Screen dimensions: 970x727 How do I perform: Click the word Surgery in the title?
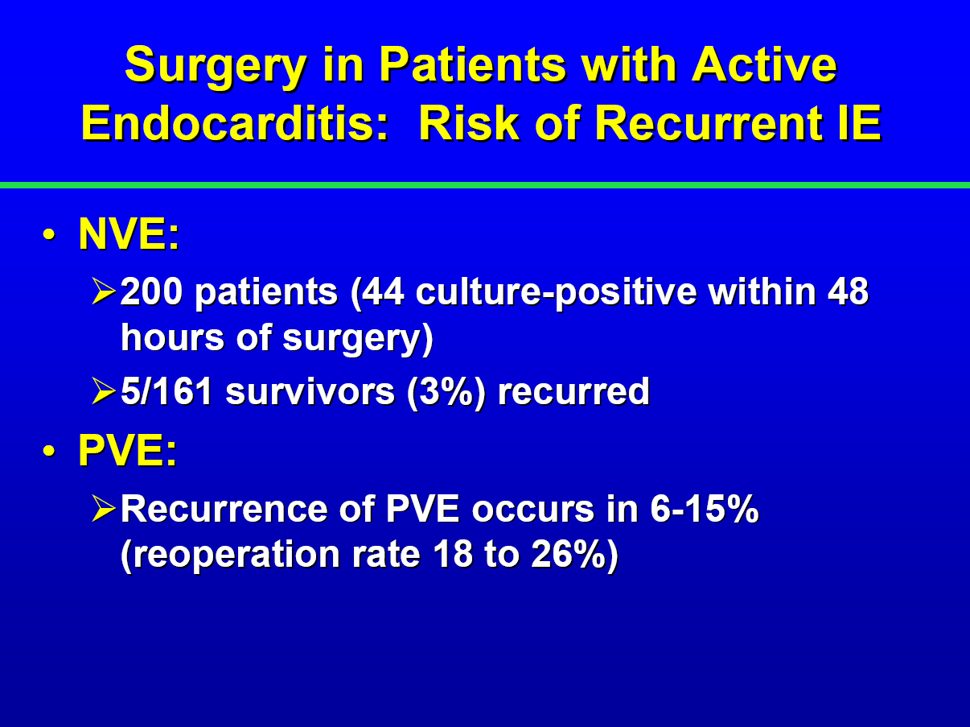[x=216, y=66]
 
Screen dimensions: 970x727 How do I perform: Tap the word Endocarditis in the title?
[x=235, y=123]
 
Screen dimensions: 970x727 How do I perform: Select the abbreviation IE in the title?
[x=859, y=123]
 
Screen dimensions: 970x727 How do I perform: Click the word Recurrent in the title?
[x=709, y=123]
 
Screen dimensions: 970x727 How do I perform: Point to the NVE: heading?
[x=129, y=233]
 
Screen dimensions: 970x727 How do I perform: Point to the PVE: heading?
[x=127, y=450]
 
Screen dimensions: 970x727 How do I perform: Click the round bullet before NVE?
[x=49, y=234]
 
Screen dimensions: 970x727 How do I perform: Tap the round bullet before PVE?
[x=49, y=451]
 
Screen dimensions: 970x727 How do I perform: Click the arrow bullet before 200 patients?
[x=104, y=291]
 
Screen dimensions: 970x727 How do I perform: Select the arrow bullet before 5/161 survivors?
[x=104, y=391]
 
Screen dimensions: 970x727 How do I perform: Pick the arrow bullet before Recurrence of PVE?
[x=104, y=509]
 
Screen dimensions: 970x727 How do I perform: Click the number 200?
[x=151, y=291]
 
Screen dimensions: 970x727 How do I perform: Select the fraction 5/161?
[x=166, y=391]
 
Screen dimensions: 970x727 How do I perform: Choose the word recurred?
[x=573, y=391]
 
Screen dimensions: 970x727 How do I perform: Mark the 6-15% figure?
[x=705, y=509]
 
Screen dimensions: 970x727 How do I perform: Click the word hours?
[x=172, y=337]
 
